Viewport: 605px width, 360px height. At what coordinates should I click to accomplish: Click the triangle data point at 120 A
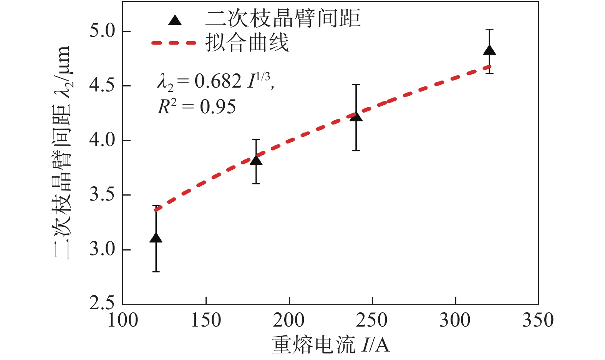click(x=156, y=238)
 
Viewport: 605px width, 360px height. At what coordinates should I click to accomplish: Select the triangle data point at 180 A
click(x=256, y=160)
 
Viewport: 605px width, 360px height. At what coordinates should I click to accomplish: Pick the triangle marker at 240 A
click(x=356, y=116)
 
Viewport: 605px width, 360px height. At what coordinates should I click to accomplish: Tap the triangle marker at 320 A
click(x=489, y=50)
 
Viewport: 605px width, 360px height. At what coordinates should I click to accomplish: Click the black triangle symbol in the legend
click(x=175, y=20)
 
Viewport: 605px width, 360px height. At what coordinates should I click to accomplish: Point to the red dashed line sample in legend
click(x=174, y=43)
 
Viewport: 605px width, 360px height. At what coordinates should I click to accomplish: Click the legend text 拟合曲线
click(x=247, y=43)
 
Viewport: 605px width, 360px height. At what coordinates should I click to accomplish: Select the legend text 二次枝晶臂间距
click(x=283, y=18)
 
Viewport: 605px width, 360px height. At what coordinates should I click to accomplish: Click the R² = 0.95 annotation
click(x=197, y=106)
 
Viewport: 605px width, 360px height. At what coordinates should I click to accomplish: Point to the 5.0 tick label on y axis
click(x=102, y=31)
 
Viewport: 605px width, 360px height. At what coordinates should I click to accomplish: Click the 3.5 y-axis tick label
click(x=102, y=195)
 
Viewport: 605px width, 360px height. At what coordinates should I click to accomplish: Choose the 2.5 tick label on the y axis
click(x=102, y=303)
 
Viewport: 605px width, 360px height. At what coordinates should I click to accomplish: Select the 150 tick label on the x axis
click(x=206, y=320)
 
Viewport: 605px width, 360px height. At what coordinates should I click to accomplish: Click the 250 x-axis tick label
click(x=372, y=320)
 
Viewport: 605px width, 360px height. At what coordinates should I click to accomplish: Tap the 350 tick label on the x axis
click(x=538, y=320)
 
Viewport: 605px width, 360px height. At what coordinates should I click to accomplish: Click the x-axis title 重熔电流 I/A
click(x=330, y=345)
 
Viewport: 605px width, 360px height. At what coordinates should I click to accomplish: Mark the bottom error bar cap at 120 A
click(x=156, y=272)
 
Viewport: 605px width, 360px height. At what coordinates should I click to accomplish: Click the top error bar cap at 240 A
click(x=356, y=85)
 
